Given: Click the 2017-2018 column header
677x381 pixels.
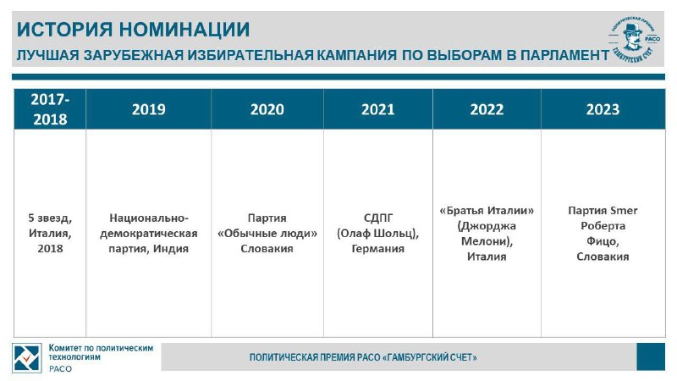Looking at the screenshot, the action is (50, 109).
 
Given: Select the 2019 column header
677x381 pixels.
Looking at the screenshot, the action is (149, 109).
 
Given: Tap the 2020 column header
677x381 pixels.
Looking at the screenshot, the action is (267, 109).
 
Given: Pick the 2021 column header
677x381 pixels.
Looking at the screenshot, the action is (377, 109).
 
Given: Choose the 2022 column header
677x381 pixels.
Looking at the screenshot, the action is (487, 109).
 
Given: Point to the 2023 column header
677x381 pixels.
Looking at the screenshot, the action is (603, 109).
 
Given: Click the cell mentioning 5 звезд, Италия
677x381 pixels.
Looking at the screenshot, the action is (50, 234).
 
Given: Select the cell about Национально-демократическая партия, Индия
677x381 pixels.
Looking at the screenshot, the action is (149, 234).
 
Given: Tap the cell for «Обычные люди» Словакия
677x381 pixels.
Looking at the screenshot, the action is (267, 234).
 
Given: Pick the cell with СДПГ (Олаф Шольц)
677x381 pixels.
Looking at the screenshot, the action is (377, 234).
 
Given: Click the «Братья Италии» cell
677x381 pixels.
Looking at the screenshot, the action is (487, 234).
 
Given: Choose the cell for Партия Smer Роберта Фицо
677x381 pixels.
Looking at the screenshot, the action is (603, 234).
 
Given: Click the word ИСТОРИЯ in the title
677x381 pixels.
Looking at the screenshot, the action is (65, 30).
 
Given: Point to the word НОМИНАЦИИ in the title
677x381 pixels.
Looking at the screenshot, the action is (184, 30).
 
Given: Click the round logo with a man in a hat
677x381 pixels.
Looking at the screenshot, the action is (634, 38).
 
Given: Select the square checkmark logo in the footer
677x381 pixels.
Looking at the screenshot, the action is (27, 358).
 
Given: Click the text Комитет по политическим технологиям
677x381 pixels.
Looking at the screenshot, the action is (101, 352).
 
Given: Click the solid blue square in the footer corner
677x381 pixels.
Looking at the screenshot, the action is (651, 356).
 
